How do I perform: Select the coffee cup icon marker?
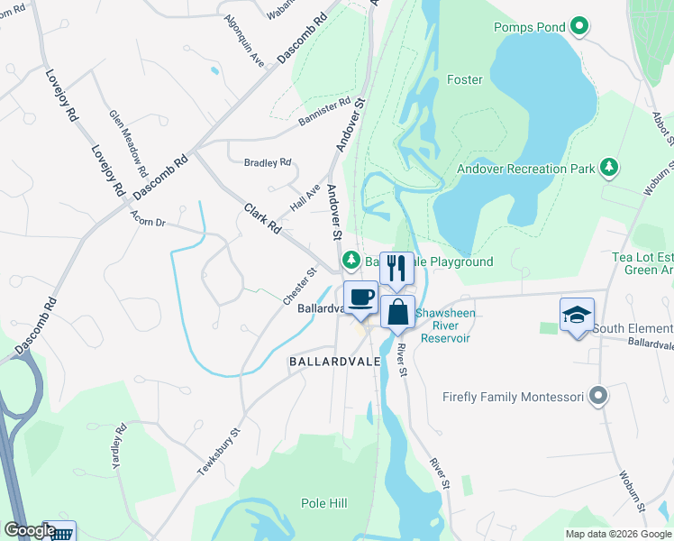(361, 297)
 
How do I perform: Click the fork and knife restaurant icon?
(396, 267)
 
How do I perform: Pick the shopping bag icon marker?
(397, 312)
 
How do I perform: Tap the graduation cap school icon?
(577, 314)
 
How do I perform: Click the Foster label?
(465, 79)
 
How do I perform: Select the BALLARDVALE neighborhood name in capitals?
(328, 361)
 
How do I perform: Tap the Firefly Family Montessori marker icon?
(597, 396)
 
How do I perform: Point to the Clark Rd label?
(261, 219)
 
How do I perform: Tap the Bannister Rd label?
(322, 114)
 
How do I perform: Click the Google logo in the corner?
(29, 531)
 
